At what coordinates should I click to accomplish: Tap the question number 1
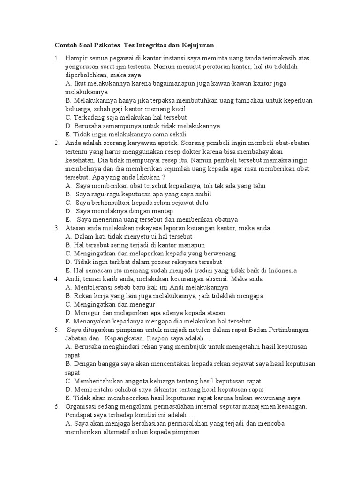56,58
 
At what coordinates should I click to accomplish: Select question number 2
56,143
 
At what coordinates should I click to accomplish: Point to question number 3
56,228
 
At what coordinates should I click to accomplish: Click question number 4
56,278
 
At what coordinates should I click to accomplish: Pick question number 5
56,330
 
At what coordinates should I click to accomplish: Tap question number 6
56,406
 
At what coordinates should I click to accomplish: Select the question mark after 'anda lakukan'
164,177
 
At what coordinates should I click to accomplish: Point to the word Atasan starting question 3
76,228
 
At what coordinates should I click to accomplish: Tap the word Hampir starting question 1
77,58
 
